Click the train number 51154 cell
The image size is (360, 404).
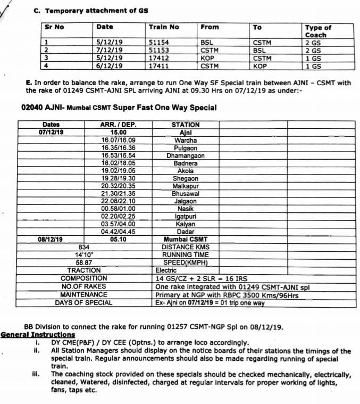158,42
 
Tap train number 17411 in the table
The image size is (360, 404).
158,66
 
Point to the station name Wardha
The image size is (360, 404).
186,140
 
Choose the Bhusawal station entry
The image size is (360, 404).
186,194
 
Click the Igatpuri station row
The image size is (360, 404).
186,217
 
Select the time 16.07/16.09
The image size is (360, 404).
119,140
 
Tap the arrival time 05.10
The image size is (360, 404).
119,240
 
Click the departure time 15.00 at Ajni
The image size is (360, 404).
119,133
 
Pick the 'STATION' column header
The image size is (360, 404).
186,125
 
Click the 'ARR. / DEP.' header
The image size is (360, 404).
119,125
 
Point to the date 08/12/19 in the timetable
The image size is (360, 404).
51,240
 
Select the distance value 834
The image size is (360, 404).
84,247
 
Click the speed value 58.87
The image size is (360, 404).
84,262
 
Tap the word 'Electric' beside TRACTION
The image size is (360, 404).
166,270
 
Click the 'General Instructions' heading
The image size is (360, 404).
38,335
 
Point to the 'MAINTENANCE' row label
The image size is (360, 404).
84,294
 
